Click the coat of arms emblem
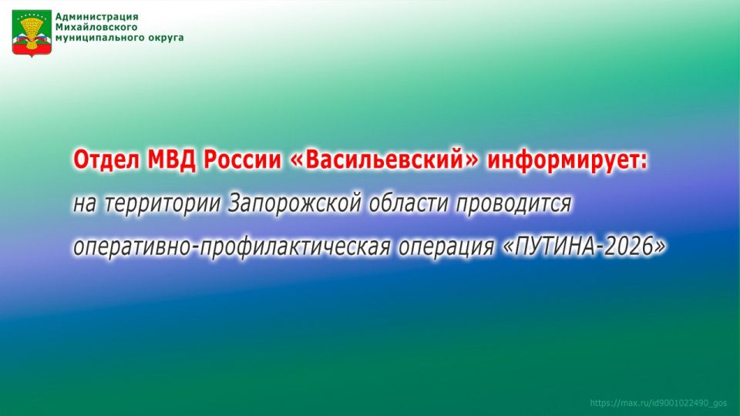coord(32,33)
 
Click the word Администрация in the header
coord(97,17)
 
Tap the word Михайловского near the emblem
coord(96,28)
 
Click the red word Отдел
coord(106,161)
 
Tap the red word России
coord(242,161)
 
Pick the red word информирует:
coord(568,161)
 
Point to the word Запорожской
coord(294,203)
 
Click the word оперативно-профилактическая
coord(232,247)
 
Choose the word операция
coord(446,247)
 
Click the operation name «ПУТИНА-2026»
coord(585,247)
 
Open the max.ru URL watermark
coord(658,403)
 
